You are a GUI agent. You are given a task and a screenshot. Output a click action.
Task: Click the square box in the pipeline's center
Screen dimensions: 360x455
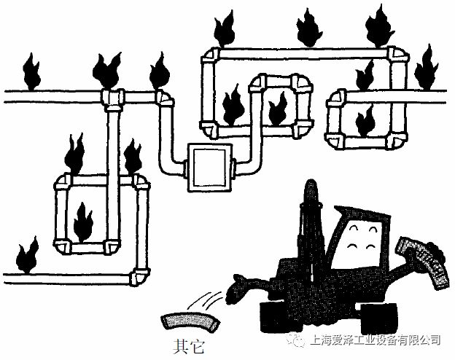click(209, 168)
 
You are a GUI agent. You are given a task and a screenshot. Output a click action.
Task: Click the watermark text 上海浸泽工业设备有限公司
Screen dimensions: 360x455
click(375, 340)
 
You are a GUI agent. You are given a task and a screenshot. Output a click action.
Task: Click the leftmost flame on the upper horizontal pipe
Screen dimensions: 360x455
click(30, 69)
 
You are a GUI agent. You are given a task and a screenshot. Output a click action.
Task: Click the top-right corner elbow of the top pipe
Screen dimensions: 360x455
click(397, 55)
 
